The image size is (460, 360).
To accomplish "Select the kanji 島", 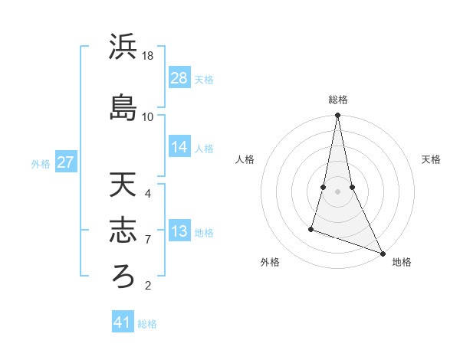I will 123,107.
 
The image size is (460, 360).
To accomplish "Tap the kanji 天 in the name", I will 123,185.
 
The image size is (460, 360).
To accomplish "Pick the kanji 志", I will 123,231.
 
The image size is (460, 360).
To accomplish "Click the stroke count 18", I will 149,56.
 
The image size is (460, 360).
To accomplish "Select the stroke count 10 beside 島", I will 148,116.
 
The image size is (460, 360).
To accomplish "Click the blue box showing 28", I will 179,78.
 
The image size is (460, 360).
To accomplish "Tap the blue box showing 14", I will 179,148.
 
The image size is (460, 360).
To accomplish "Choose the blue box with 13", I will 179,232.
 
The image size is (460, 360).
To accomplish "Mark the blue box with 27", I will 66,162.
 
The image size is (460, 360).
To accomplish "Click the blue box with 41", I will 123,322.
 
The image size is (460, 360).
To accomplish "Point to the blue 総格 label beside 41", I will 148,324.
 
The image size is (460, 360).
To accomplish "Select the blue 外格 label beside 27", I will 41,164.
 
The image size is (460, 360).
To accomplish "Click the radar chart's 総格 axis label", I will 338,100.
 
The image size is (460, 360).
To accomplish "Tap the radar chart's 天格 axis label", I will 432,159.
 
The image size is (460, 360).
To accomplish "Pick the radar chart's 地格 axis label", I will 402,263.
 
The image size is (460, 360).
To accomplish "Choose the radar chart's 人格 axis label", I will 245,159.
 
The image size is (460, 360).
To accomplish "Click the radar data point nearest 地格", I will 382,252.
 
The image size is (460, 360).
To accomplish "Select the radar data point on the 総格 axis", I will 338,116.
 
